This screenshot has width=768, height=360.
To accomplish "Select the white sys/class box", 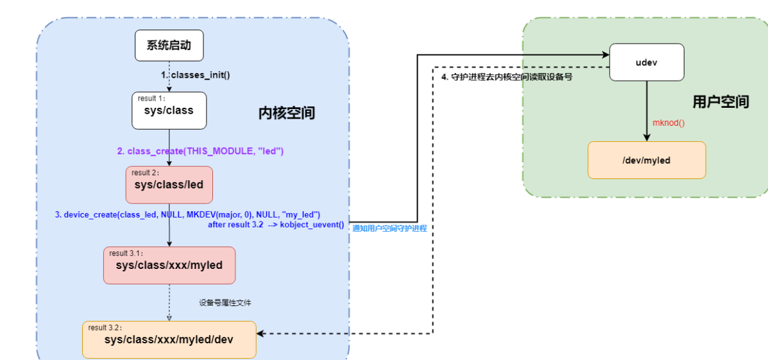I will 169,110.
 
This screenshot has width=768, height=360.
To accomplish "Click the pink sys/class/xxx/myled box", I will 169,264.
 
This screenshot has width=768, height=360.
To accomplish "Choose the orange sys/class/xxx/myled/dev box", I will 169,339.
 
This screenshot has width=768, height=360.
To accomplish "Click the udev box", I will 647,62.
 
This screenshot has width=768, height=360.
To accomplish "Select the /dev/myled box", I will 646,160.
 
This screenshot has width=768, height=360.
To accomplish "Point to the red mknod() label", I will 668,123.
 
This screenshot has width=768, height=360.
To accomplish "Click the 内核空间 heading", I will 287,114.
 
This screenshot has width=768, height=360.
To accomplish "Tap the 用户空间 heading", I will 721,101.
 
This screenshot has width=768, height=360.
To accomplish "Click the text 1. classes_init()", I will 195,75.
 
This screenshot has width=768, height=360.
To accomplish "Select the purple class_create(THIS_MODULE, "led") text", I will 200,151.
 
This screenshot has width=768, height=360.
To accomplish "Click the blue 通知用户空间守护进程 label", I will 389,228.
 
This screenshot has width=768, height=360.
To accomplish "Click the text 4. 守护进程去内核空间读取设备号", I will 506,77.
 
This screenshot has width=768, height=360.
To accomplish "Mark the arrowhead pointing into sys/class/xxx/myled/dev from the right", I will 261,333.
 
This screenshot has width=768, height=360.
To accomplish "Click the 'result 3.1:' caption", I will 128,253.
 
